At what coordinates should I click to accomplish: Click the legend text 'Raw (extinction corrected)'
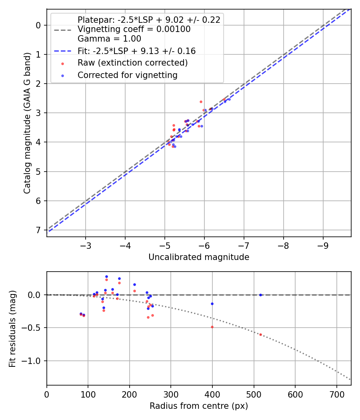click(x=132, y=63)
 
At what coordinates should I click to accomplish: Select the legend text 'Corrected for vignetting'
click(x=128, y=75)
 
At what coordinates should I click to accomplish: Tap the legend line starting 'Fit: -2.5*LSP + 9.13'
click(x=136, y=51)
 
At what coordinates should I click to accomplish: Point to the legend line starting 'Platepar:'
click(x=149, y=20)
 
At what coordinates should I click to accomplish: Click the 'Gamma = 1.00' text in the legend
click(x=109, y=39)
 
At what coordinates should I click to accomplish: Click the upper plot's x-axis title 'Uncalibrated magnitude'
click(x=199, y=257)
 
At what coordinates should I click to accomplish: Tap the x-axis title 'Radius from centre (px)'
click(x=199, y=406)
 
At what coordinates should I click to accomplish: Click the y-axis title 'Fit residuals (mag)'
click(x=12, y=328)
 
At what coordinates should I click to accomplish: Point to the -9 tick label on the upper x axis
click(x=323, y=244)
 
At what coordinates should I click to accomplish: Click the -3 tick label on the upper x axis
click(x=85, y=244)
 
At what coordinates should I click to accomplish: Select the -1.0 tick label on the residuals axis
click(x=34, y=361)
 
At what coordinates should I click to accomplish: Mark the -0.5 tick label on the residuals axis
click(x=34, y=328)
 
